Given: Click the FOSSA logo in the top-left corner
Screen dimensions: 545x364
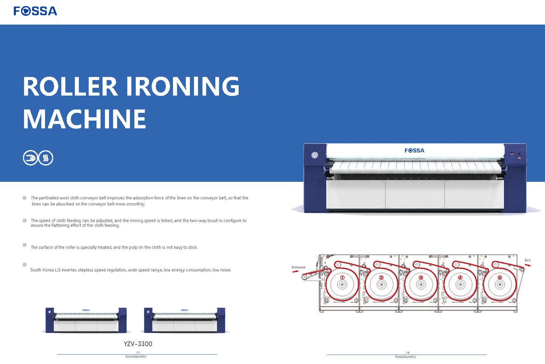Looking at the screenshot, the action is point(35,11).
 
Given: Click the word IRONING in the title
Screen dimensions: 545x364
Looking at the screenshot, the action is point(182,86).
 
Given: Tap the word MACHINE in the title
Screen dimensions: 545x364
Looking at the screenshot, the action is point(84,119).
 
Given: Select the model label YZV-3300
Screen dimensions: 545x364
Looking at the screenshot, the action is point(138,344).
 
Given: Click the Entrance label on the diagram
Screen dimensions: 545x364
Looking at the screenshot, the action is point(298,267).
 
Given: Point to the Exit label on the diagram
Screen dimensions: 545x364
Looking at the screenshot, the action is point(527,260).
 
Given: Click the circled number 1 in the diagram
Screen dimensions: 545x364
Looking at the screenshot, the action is point(342,277).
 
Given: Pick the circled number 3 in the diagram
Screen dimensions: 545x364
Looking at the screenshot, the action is point(420,277).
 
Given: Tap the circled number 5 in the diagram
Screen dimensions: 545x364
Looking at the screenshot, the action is point(499,277).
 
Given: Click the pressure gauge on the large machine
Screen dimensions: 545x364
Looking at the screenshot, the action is point(315,155).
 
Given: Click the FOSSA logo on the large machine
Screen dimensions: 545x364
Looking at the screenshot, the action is point(414,151).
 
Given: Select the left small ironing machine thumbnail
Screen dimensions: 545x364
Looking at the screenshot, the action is point(86,320).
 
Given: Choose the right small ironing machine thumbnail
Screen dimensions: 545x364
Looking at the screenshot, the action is point(184,320).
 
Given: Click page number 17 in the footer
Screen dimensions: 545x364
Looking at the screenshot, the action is point(138,353).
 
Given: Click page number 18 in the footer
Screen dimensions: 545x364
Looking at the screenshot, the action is point(407,353).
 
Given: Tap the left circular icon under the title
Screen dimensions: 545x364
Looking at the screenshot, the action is point(30,158).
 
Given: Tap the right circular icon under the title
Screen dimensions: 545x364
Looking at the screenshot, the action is point(46,158).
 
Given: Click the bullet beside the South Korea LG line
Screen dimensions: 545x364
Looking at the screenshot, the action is point(25,264).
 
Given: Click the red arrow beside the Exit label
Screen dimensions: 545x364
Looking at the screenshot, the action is point(528,265).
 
